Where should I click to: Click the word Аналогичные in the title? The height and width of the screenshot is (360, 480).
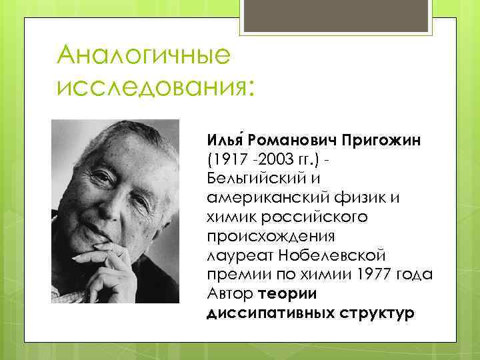coord(144,55)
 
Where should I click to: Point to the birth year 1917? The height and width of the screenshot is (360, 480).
coord(227,161)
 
